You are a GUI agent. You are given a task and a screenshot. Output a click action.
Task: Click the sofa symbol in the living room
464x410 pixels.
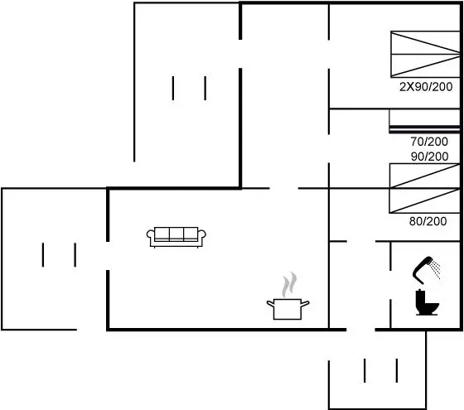point(176,237)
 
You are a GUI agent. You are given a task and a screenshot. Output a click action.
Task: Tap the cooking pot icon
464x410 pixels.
point(288,309)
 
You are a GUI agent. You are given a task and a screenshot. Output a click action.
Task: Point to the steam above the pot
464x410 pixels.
point(289,285)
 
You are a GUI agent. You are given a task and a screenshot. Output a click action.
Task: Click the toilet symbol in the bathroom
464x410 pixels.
point(427,302)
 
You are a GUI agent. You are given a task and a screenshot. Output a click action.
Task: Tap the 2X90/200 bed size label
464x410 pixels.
point(426,87)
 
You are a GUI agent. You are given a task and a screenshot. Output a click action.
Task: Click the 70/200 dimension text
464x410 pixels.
point(429,142)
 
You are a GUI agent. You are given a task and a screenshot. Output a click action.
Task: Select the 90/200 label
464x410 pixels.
point(430,157)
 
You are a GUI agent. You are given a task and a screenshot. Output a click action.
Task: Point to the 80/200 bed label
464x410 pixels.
point(428,221)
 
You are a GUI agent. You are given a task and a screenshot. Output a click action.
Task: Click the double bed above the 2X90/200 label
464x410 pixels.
point(425,54)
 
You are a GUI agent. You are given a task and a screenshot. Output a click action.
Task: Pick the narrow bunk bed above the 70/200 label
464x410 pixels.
point(424,121)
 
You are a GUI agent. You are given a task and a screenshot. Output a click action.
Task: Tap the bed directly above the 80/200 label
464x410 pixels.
point(424,200)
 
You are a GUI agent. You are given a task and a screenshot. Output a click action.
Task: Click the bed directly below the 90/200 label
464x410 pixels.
point(424,176)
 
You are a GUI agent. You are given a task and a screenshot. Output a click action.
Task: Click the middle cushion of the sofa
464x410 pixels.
point(176,234)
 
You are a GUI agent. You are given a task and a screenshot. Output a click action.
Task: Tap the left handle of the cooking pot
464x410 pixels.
point(270,303)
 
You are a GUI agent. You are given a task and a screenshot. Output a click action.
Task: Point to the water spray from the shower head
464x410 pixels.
point(435,269)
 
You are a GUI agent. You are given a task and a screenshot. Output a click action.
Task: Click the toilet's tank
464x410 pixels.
point(420,298)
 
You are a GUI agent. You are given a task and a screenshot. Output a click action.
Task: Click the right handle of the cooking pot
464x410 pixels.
point(306,304)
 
